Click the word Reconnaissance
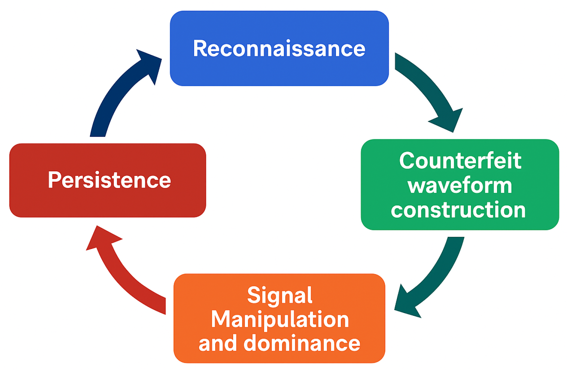pyautogui.click(x=279, y=48)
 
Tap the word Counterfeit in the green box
pyautogui.click(x=460, y=161)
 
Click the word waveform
pyautogui.click(x=460, y=186)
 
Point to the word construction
pyautogui.click(x=458, y=210)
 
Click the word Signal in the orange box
pyautogui.click(x=280, y=295)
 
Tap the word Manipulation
pyautogui.click(x=280, y=319)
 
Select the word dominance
pyautogui.click(x=302, y=343)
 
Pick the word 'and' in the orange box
pyautogui.click(x=218, y=343)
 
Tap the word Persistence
pyautogui.click(x=109, y=180)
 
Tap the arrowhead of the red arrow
pyautogui.click(x=102, y=238)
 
